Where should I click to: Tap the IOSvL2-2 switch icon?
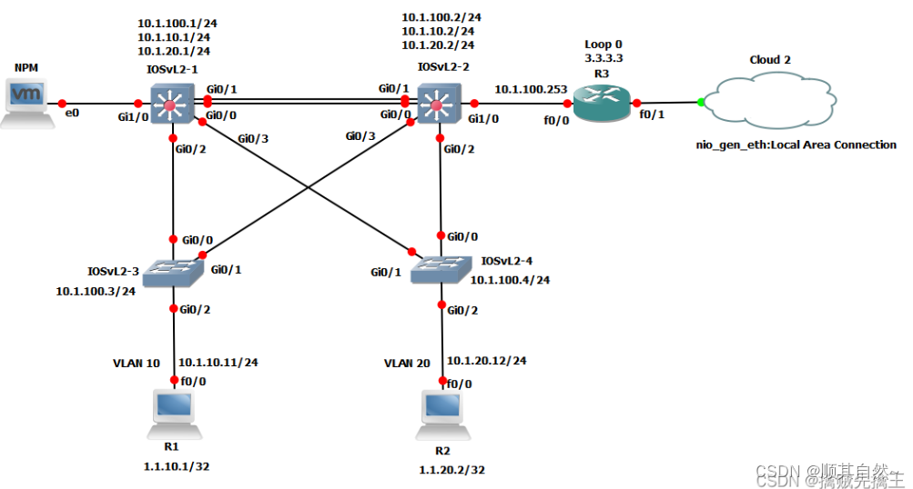pos(438,105)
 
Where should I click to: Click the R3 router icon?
pos(601,104)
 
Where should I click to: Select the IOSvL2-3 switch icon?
pos(172,269)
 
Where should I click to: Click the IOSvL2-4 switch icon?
pos(441,267)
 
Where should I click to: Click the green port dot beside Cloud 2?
pos(701,103)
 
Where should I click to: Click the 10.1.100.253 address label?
pos(531,89)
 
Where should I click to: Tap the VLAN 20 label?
pos(406,363)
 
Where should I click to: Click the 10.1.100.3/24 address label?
pos(96,291)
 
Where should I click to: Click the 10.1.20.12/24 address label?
pos(486,360)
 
